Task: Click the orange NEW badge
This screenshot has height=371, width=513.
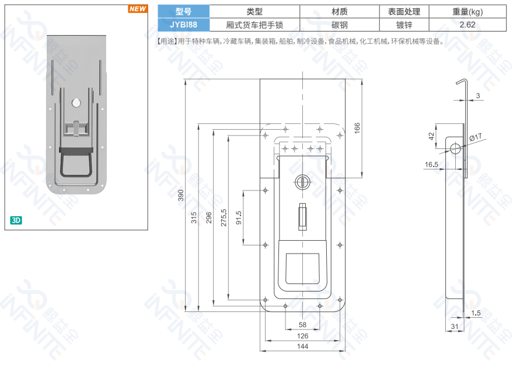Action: (x=137, y=9)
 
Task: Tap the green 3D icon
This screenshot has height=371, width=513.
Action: (x=16, y=220)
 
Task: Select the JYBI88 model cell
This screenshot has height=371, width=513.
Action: (x=183, y=25)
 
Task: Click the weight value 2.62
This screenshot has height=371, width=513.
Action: (x=467, y=25)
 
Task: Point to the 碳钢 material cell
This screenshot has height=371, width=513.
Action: (x=340, y=25)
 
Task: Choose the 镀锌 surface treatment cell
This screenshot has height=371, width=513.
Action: (x=404, y=25)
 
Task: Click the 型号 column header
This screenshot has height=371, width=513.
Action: (x=183, y=12)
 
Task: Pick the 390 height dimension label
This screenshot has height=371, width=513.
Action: (x=180, y=195)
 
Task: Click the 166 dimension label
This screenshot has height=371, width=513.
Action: (x=357, y=127)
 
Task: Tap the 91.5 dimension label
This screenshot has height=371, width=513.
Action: (x=239, y=218)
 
